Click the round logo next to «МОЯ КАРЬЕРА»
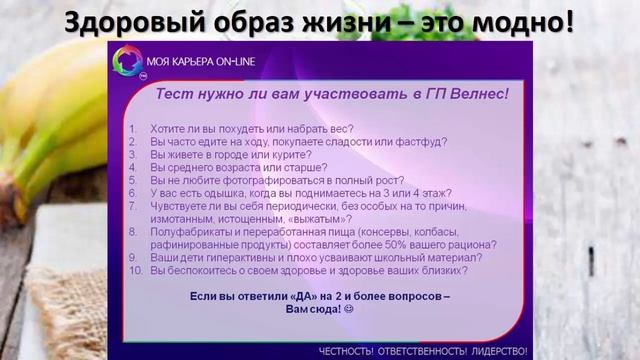coord(128,63)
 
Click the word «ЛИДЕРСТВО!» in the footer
coord(497,350)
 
